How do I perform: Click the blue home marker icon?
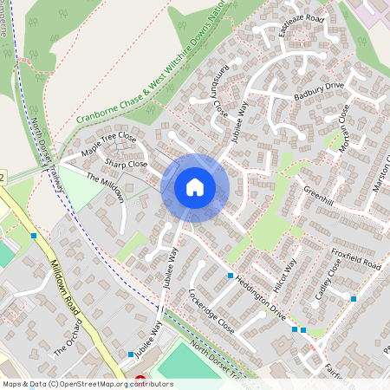(x=195, y=187)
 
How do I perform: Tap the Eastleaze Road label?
(x=301, y=26)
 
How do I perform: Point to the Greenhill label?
(x=318, y=196)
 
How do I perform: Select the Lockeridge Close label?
(x=211, y=312)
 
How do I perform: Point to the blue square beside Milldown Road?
(x=34, y=236)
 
